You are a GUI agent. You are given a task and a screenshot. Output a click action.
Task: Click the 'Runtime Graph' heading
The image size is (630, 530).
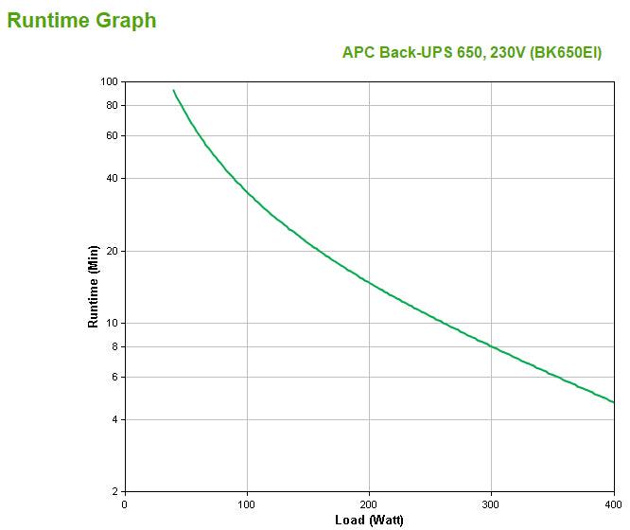pyautogui.click(x=81, y=20)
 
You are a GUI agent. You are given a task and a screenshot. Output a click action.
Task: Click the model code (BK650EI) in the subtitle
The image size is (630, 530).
pyautogui.click(x=565, y=53)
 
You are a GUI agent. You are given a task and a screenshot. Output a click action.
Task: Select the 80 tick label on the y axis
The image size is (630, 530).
pyautogui.click(x=111, y=105)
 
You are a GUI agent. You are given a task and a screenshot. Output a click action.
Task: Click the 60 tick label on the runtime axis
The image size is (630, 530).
pyautogui.click(x=111, y=135)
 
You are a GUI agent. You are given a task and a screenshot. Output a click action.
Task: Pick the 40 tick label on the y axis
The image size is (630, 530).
pyautogui.click(x=111, y=178)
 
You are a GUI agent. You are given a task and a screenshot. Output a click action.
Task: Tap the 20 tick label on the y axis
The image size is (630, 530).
pyautogui.click(x=111, y=251)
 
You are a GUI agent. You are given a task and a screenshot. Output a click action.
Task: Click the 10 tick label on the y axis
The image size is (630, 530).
pyautogui.click(x=111, y=323)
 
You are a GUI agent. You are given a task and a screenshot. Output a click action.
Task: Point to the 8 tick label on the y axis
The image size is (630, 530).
pyautogui.click(x=114, y=346)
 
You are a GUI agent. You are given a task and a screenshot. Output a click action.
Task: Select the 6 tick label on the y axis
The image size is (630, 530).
pyautogui.click(x=114, y=377)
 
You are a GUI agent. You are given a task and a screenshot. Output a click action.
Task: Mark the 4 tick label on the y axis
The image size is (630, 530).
pyautogui.click(x=114, y=419)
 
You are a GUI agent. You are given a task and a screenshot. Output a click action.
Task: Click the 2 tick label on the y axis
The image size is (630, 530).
pyautogui.click(x=114, y=491)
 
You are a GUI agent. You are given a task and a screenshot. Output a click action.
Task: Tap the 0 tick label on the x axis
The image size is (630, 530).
pyautogui.click(x=125, y=504)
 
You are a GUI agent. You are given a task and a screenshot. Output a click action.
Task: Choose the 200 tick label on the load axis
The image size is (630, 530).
pyautogui.click(x=369, y=504)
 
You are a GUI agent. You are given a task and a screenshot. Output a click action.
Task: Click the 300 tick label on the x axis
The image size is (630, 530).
pyautogui.click(x=491, y=504)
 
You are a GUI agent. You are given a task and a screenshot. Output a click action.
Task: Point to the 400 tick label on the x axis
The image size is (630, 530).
pyautogui.click(x=612, y=504)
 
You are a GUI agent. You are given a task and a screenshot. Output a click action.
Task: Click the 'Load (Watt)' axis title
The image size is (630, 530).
pyautogui.click(x=369, y=521)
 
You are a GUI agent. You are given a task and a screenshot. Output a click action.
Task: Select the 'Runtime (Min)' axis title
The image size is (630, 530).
pyautogui.click(x=93, y=286)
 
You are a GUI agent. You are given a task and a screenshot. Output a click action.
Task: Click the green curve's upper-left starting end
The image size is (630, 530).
pyautogui.click(x=173, y=91)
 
